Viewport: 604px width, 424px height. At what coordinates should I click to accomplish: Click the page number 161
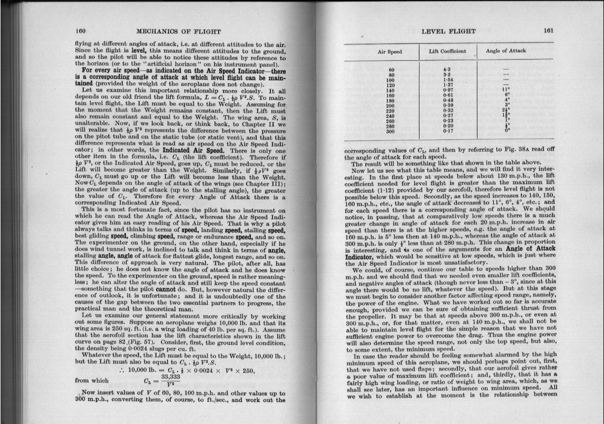(549, 31)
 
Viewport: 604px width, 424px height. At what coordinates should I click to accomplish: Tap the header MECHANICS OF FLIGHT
(178, 32)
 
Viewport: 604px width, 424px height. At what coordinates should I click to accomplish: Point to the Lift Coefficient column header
(446, 51)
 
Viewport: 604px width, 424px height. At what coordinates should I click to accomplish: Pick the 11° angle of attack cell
(506, 89)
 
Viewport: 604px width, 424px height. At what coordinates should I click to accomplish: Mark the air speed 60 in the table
(391, 70)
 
